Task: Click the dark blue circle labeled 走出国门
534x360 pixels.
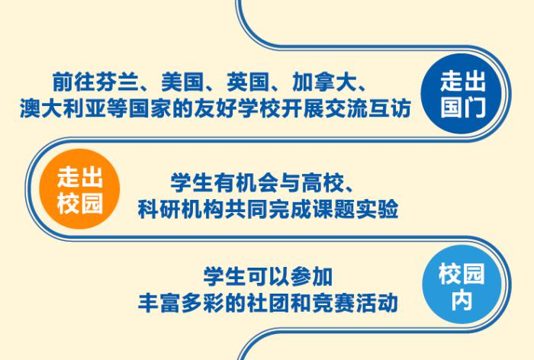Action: click(462, 94)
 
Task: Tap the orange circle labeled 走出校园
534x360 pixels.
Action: click(79, 189)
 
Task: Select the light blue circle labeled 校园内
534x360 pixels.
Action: click(462, 284)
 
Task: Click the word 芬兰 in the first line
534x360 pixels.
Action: click(117, 82)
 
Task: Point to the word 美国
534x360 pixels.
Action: click(182, 82)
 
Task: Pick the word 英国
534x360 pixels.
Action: click(248, 82)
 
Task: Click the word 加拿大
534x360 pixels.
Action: click(324, 82)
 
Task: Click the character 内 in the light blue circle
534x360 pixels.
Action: click(462, 300)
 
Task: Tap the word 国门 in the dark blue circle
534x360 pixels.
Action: click(462, 107)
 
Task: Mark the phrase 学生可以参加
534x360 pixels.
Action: click(268, 277)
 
